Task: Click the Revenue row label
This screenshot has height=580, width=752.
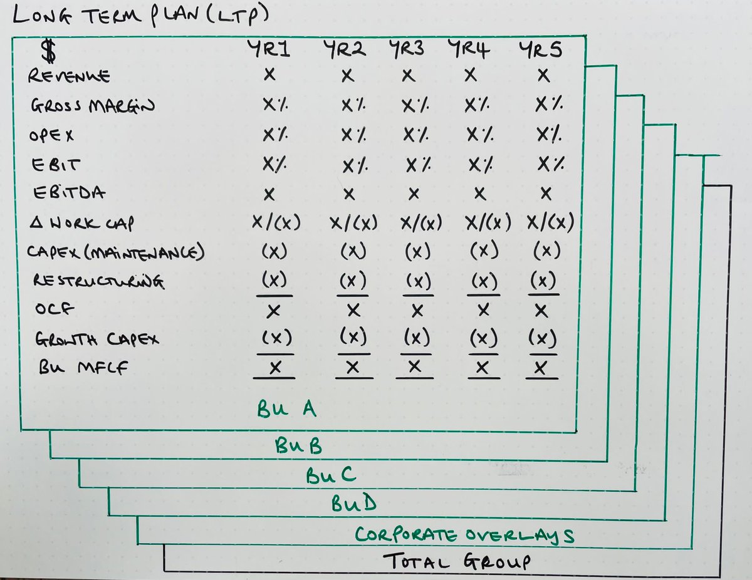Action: pos(69,76)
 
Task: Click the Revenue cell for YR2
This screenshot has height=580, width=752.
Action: pos(348,76)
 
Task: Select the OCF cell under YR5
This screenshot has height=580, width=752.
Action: pos(543,311)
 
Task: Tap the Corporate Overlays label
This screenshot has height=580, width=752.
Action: pos(464,535)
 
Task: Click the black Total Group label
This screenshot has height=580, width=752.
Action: pos(456,561)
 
